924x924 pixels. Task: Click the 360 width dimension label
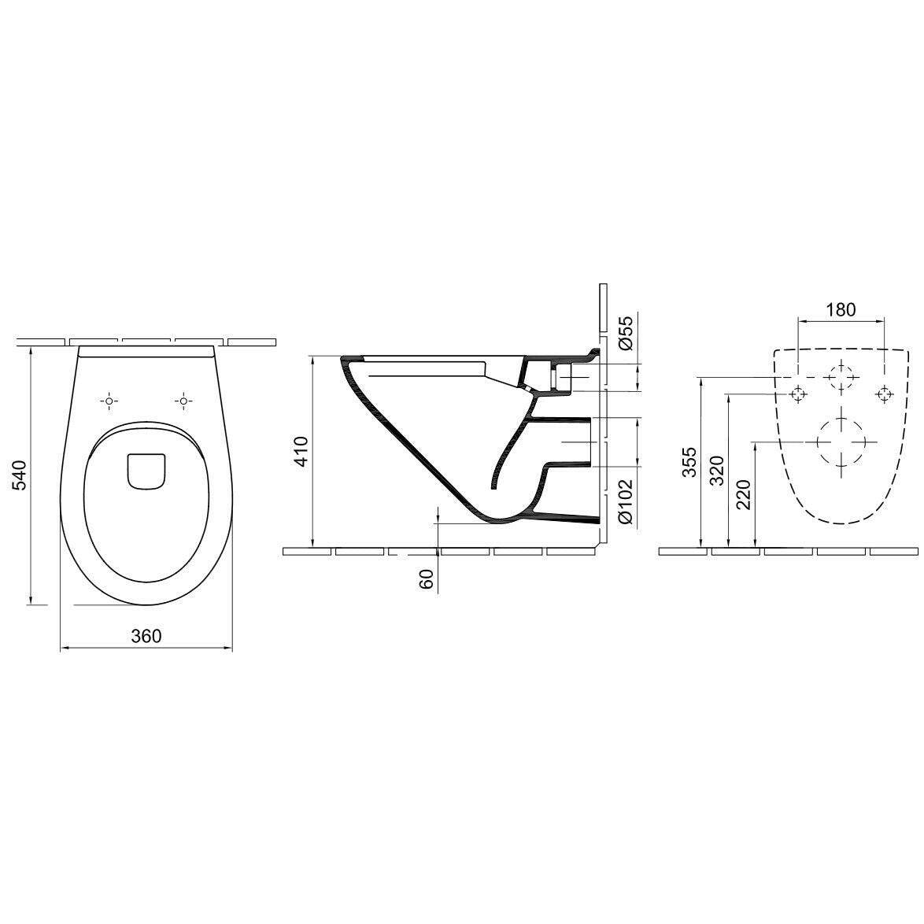pyautogui.click(x=146, y=635)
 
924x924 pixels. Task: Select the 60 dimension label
pyautogui.click(x=427, y=578)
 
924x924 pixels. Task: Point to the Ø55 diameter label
pyautogui.click(x=625, y=333)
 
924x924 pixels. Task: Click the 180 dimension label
pyautogui.click(x=841, y=309)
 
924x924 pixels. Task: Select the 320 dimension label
pyautogui.click(x=717, y=469)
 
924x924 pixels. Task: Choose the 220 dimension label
pyautogui.click(x=744, y=493)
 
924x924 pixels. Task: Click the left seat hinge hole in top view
pyautogui.click(x=109, y=401)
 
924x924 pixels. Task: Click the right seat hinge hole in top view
pyautogui.click(x=183, y=401)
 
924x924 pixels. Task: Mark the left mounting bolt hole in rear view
pyautogui.click(x=799, y=394)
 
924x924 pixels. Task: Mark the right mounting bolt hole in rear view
pyautogui.click(x=885, y=394)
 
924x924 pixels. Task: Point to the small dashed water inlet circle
pyautogui.click(x=841, y=378)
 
